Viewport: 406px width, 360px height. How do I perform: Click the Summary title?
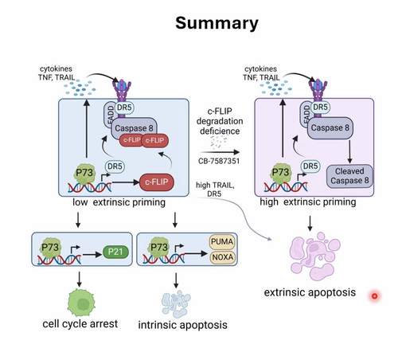(217, 23)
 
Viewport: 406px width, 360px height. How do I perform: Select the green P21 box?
(115, 252)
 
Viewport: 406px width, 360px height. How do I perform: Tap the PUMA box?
(222, 242)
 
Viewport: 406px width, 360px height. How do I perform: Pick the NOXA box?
(222, 257)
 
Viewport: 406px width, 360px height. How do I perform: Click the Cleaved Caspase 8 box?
(349, 176)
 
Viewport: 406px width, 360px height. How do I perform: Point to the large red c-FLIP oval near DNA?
(157, 182)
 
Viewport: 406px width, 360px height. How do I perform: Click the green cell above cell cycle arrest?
(81, 303)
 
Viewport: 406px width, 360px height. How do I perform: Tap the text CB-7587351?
(219, 161)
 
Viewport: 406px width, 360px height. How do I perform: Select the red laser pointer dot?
(374, 295)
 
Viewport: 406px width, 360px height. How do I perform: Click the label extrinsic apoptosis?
(310, 292)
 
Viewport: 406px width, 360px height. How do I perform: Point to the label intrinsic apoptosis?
(182, 325)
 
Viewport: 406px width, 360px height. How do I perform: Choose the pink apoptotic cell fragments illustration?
(314, 256)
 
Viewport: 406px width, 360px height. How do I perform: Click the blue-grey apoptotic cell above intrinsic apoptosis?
(176, 303)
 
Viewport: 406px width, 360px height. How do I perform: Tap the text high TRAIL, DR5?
(215, 190)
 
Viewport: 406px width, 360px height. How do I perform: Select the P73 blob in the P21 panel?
(50, 248)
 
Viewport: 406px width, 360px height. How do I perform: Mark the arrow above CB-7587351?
(220, 152)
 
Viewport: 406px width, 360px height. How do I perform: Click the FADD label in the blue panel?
(111, 115)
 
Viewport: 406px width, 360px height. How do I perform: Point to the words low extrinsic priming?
(119, 202)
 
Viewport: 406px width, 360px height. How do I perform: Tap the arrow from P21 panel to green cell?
(79, 280)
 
